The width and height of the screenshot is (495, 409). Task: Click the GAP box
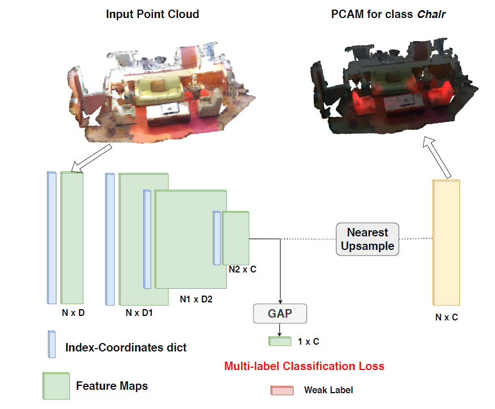coord(281,313)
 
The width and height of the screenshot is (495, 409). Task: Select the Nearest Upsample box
coord(367,239)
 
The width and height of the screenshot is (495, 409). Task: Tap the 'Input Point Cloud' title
coord(152,14)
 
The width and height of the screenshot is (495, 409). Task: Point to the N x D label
coord(73,312)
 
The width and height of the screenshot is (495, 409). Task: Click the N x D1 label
coord(139,312)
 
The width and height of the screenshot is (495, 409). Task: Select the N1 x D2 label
coord(196,299)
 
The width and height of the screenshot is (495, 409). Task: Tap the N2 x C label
coord(242,270)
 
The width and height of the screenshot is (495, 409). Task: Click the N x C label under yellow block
coord(446,318)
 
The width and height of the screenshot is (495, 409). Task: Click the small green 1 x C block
coord(280,341)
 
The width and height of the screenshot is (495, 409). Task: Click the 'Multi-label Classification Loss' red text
coord(304,366)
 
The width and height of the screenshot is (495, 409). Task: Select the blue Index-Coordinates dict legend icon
coord(52,344)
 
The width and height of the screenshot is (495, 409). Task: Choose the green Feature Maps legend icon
coord(55,386)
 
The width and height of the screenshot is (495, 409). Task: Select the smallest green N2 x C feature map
coord(235,236)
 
